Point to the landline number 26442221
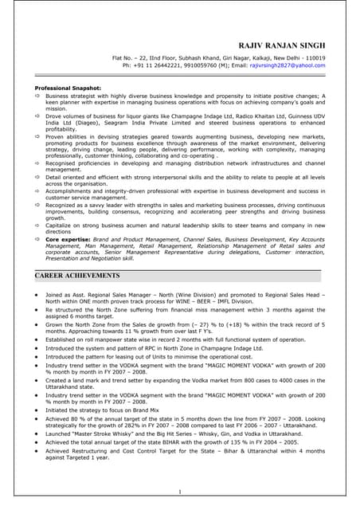[x=162, y=66]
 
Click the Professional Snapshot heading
[x=68, y=88]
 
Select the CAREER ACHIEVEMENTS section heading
[x=77, y=275]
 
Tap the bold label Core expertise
[x=67, y=238]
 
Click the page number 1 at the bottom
[x=180, y=492]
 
